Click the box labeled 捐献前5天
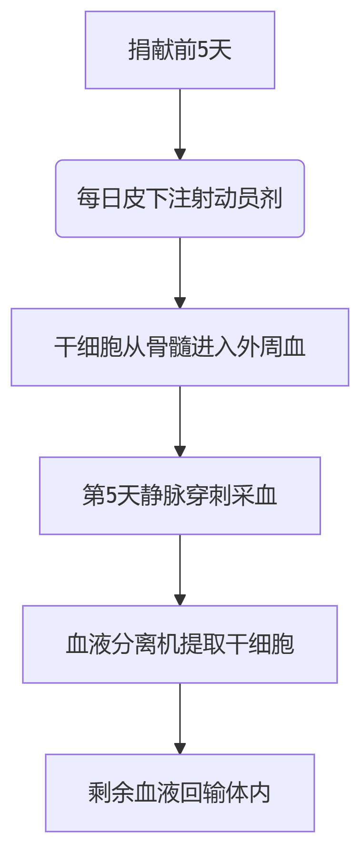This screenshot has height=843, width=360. tap(180, 50)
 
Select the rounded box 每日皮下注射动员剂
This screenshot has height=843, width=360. tap(180, 199)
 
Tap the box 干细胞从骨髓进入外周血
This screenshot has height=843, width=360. tap(180, 347)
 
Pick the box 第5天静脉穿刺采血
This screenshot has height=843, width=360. tap(180, 496)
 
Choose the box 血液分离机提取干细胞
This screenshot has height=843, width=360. tap(180, 644)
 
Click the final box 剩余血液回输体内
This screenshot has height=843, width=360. tap(180, 793)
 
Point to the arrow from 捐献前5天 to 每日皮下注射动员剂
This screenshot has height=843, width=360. tap(180, 124)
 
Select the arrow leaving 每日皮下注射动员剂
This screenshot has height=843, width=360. tap(180, 272)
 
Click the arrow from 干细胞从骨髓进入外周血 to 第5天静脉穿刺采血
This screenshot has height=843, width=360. tap(180, 421)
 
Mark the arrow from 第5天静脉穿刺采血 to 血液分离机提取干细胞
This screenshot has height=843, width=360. tap(180, 570)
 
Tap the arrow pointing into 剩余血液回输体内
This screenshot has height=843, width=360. tap(180, 718)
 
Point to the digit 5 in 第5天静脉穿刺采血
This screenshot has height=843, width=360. tap(111, 496)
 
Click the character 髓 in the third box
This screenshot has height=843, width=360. tap(180, 347)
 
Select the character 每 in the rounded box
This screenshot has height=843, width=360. tap(89, 199)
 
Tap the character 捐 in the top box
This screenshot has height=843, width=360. tap(140, 50)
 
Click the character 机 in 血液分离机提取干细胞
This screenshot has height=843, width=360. tap(180, 644)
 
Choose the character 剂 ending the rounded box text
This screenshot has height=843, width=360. tap(271, 199)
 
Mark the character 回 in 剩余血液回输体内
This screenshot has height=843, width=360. tap(191, 793)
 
